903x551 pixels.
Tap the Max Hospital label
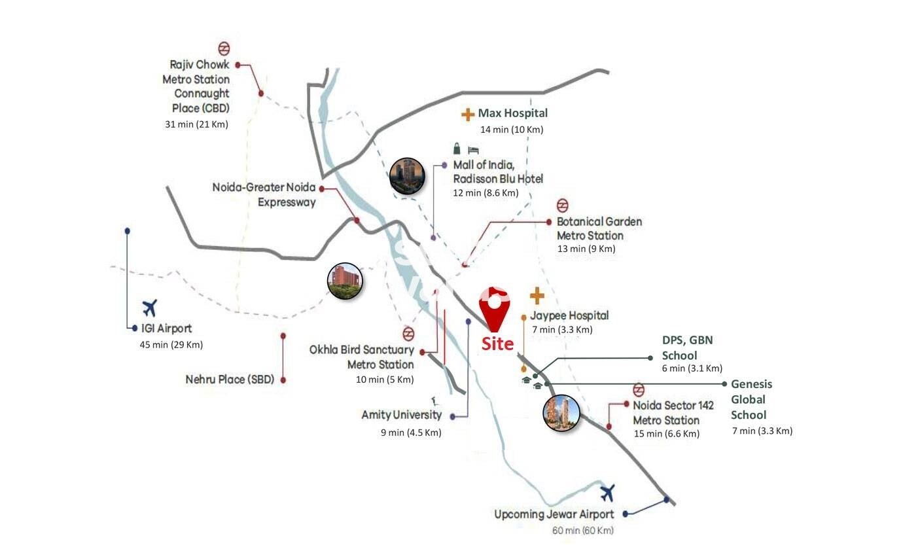point(512,113)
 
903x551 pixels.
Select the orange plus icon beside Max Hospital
point(468,115)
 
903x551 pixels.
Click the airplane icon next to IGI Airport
point(150,306)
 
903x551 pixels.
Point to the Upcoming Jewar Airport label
point(554,514)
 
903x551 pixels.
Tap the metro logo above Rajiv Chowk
point(224,48)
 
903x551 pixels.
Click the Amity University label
point(401,415)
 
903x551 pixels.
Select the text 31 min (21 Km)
point(197,124)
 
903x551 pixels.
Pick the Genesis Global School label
point(751,399)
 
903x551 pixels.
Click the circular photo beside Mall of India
point(406,175)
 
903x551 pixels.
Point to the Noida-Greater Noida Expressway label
point(264,194)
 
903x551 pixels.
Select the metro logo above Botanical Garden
point(562,205)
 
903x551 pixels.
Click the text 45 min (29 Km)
point(175,345)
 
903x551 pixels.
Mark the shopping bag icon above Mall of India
point(457,149)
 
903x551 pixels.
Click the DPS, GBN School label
point(687,347)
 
